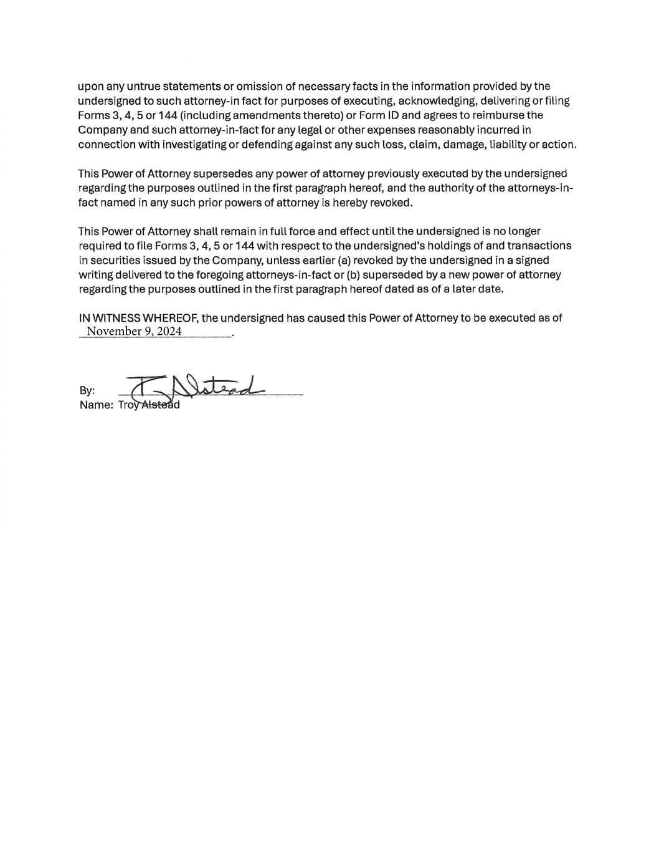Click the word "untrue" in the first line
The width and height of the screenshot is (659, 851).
tap(135, 86)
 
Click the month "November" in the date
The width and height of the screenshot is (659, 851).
tap(114, 331)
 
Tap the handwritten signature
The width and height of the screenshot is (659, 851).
tap(193, 387)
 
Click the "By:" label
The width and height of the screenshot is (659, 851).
tap(87, 391)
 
